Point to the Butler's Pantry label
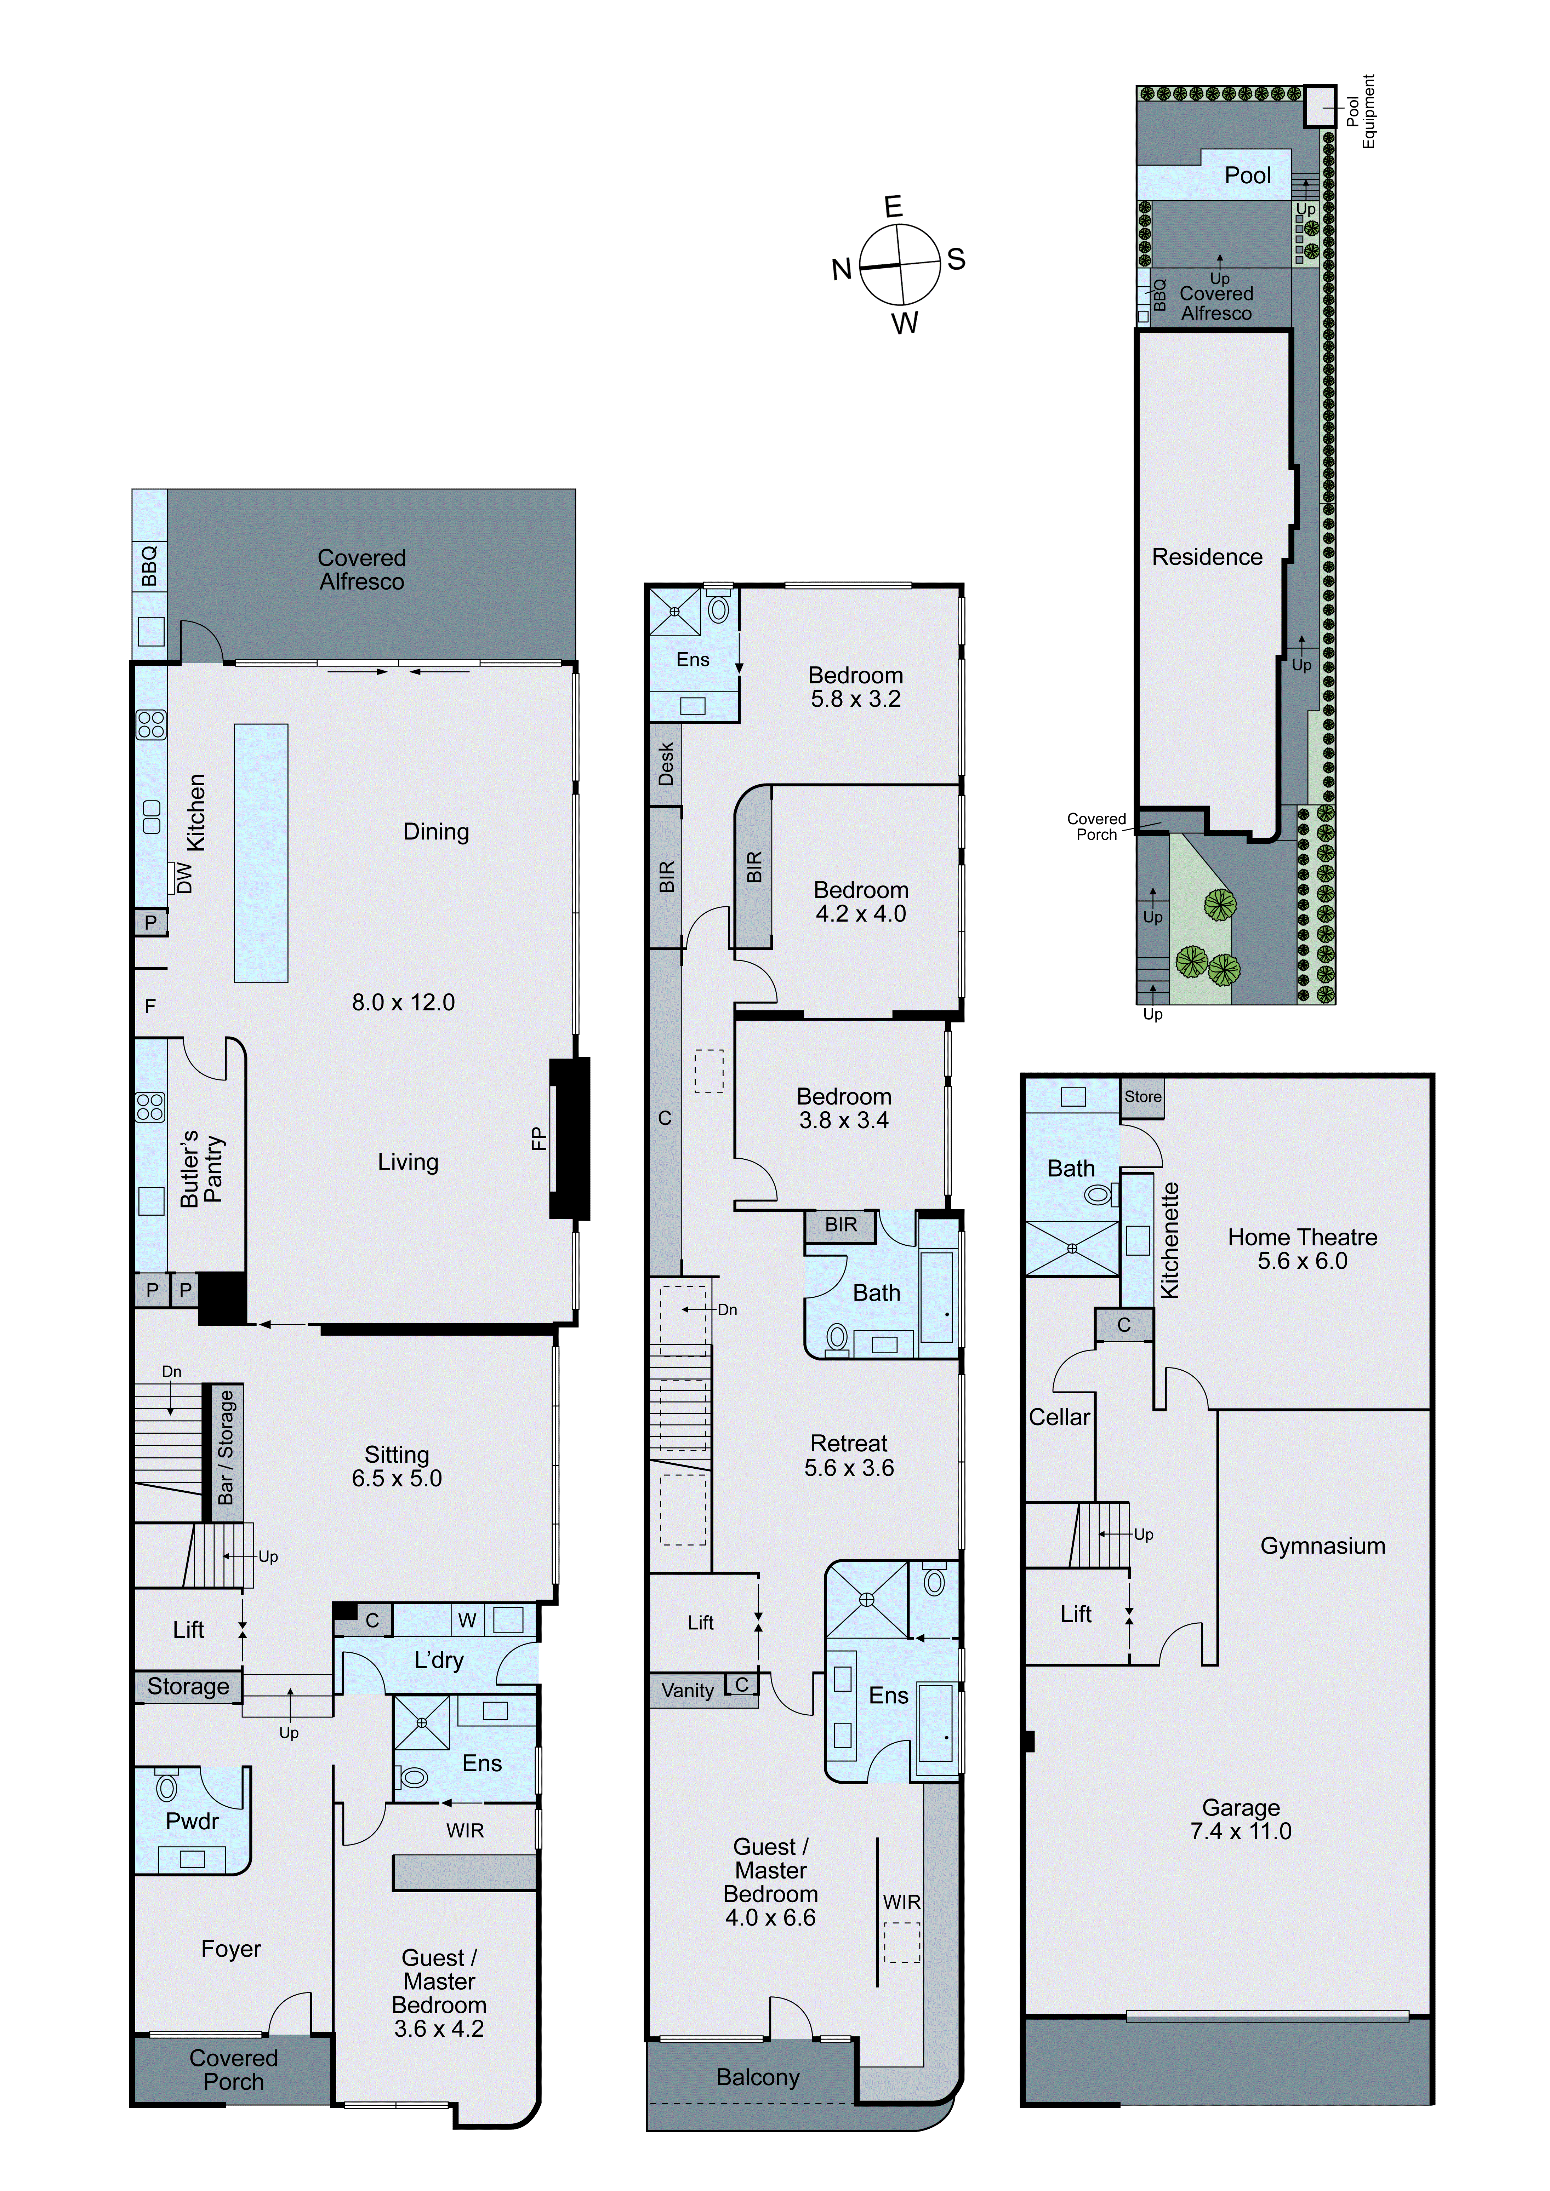click(x=201, y=1168)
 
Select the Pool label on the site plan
click(x=1247, y=176)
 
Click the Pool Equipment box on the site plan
click(x=1320, y=106)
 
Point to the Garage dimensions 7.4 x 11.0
click(x=1241, y=1831)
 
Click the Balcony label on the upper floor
click(x=758, y=2077)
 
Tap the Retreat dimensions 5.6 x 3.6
click(x=849, y=1469)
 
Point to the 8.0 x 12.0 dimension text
click(x=403, y=1002)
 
